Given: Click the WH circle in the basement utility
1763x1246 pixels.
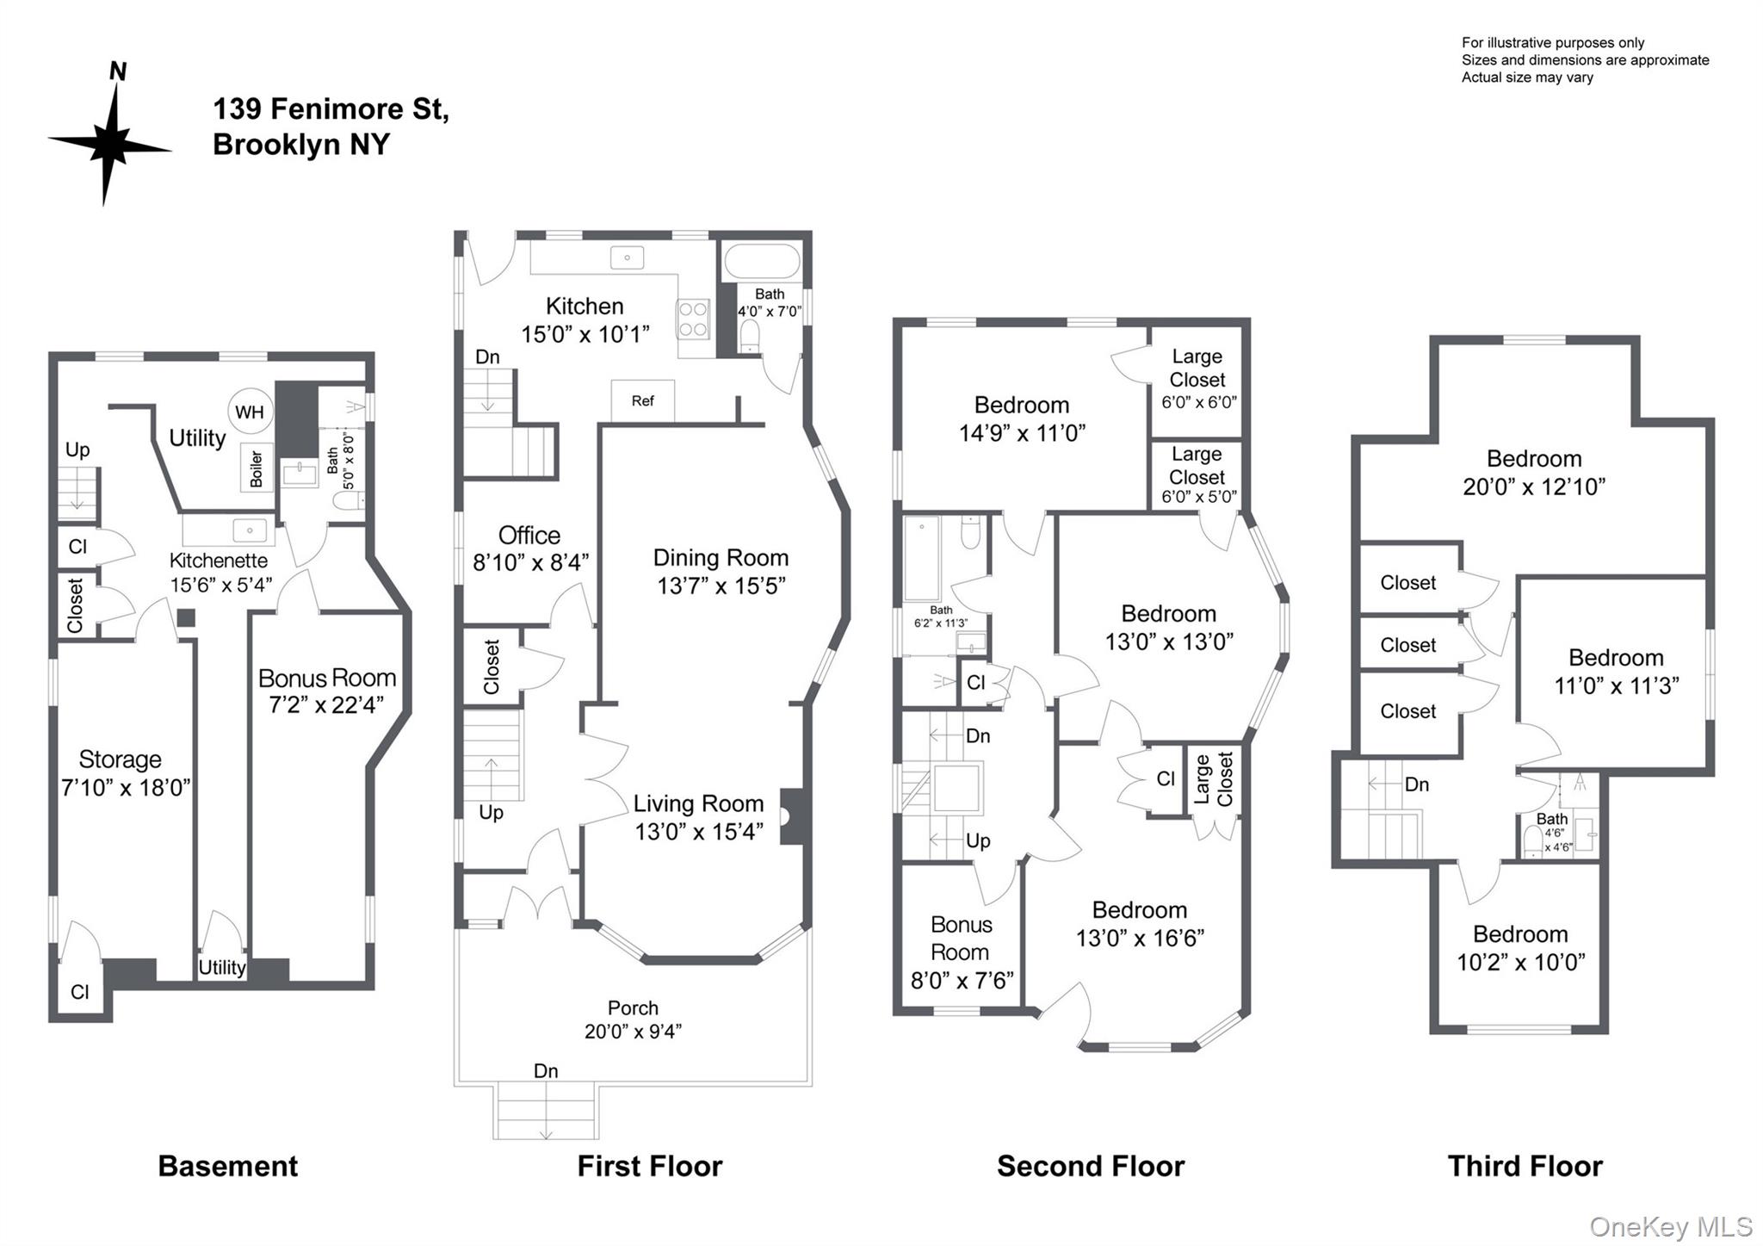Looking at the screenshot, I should click(250, 412).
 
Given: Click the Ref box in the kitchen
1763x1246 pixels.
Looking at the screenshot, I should click(642, 401).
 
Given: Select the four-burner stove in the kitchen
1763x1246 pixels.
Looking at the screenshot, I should click(693, 319).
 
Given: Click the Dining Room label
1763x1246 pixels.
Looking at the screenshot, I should click(721, 558).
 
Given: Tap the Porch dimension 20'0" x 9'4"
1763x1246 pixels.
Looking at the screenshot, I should click(633, 1031).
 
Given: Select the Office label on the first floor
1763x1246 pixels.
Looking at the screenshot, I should click(529, 536).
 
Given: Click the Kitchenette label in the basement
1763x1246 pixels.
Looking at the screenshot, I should click(219, 561).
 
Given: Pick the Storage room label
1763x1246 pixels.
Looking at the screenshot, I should click(120, 759).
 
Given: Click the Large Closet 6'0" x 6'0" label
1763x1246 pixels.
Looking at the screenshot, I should click(1197, 379).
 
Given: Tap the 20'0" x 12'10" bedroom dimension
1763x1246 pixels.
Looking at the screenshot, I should click(1533, 487).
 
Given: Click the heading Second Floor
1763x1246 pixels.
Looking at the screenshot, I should click(1090, 1166).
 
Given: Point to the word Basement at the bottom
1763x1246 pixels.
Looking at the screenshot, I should click(227, 1166).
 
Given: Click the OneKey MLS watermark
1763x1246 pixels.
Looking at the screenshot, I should click(1670, 1226).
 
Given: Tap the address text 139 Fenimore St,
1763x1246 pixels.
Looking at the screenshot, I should click(331, 109).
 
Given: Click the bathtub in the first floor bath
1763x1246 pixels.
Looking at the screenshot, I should click(761, 261).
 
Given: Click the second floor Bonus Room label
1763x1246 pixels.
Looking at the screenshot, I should click(961, 939).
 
